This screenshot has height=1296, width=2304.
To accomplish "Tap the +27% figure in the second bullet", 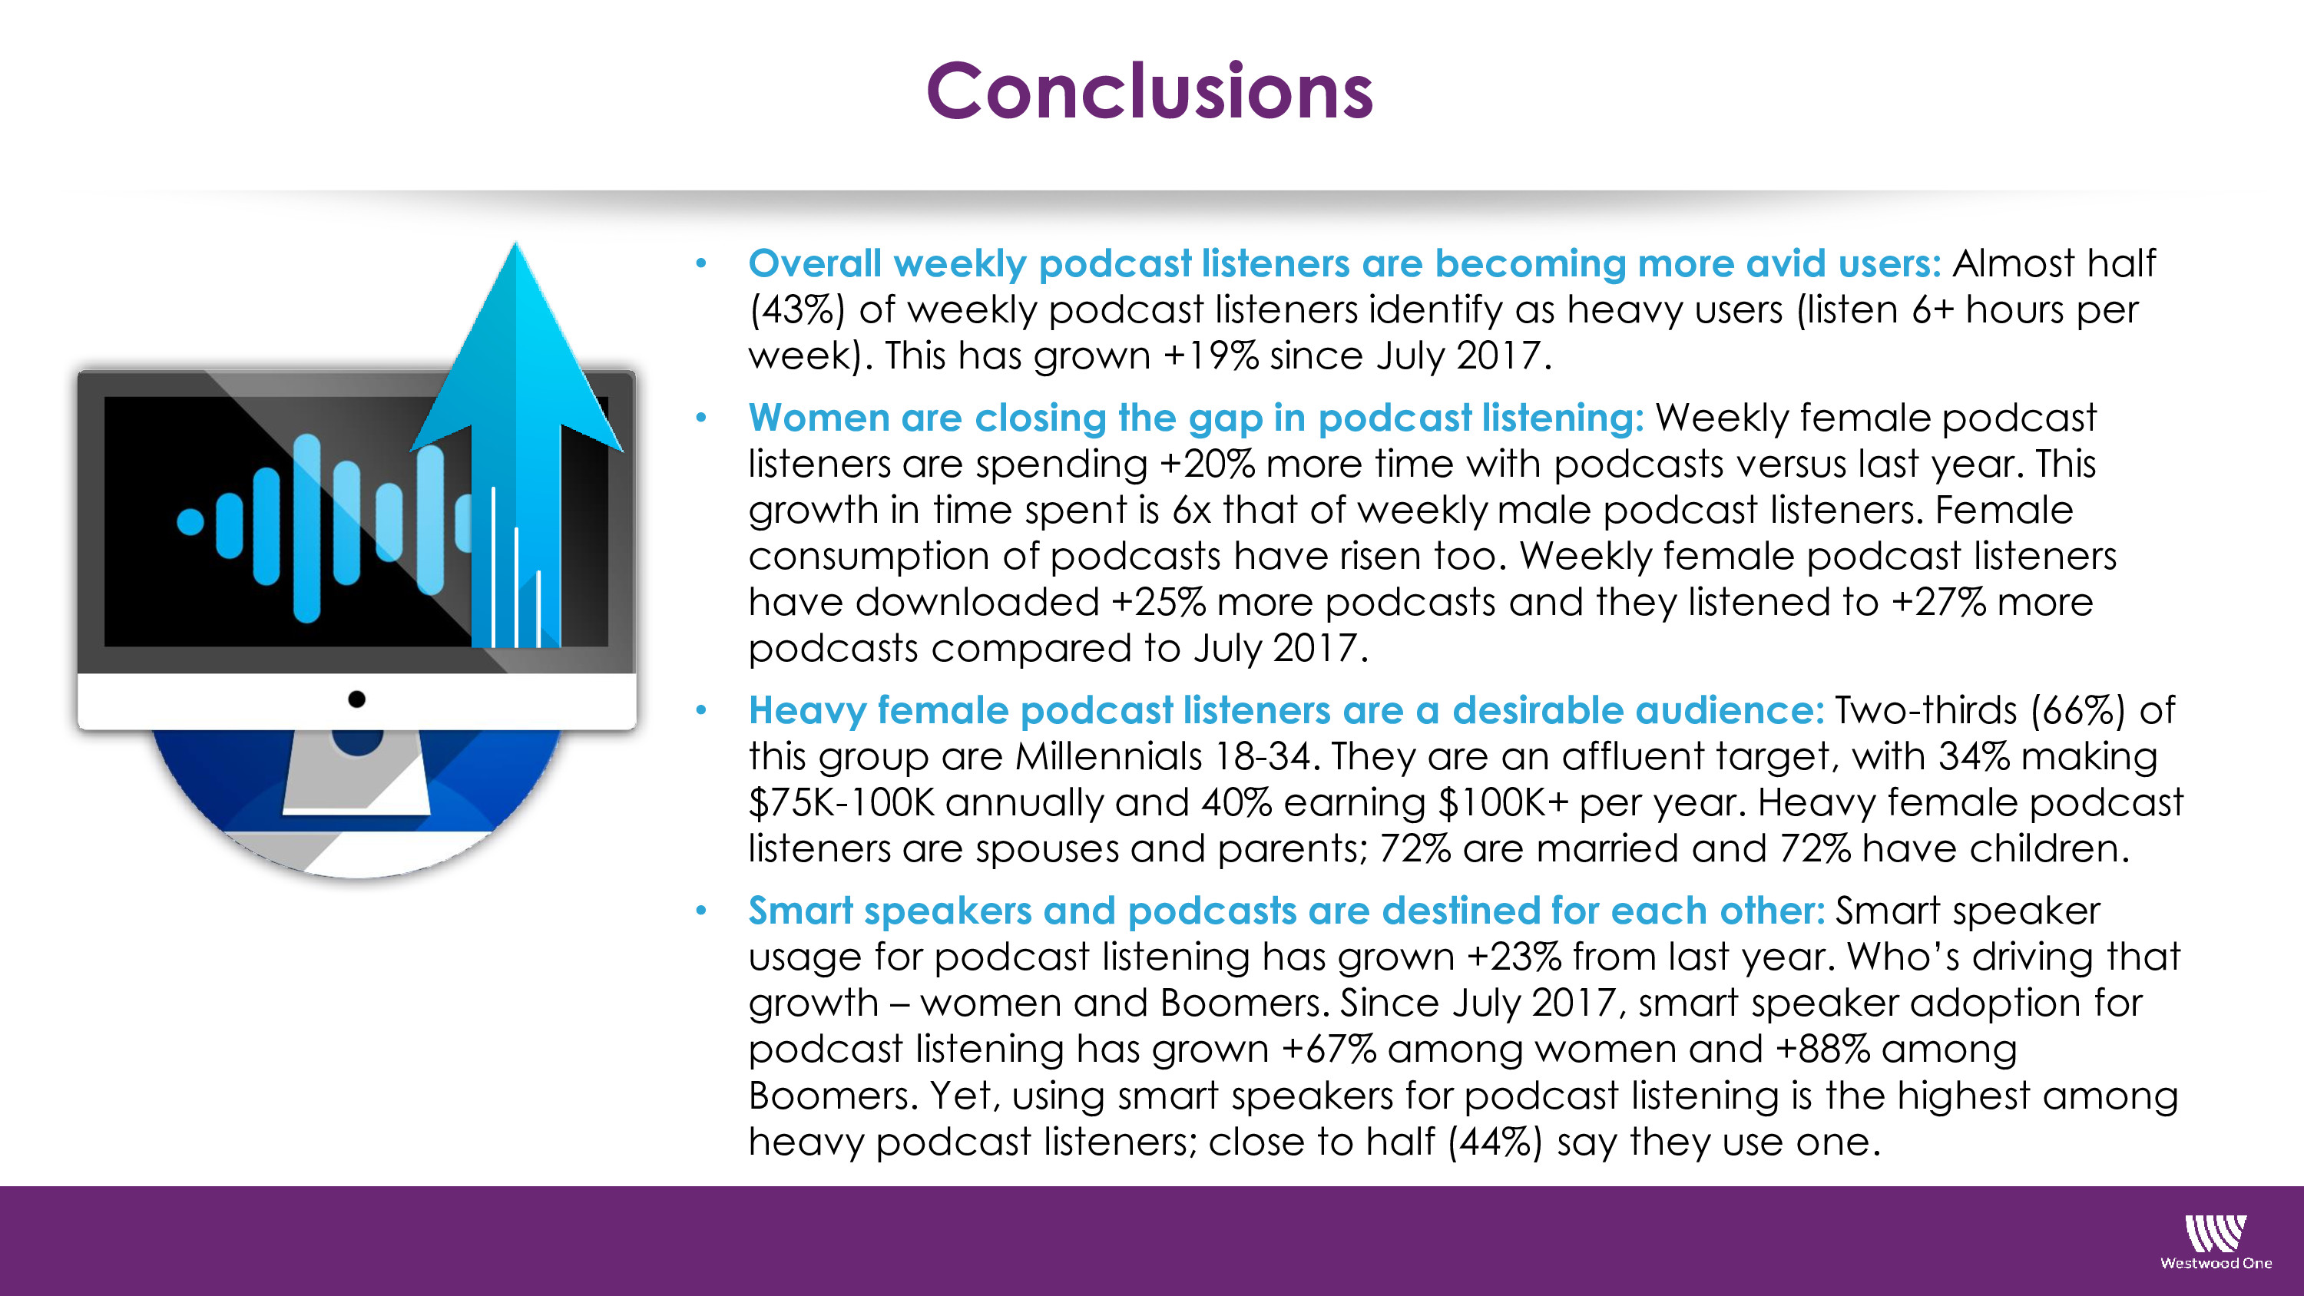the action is pos(1938,603).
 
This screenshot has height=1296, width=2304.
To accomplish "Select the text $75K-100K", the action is pos(841,803).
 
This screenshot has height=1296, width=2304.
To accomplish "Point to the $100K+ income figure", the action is pos(1503,803).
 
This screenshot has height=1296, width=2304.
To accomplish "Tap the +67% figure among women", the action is pos(1328,1049).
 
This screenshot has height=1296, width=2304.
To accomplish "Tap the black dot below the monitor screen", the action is pos(357,699).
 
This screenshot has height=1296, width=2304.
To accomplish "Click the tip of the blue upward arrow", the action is pos(515,243).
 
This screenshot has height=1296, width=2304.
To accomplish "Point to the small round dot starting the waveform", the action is pos(190,521).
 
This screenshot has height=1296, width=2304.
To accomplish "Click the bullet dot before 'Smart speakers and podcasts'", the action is pos(701,911).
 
